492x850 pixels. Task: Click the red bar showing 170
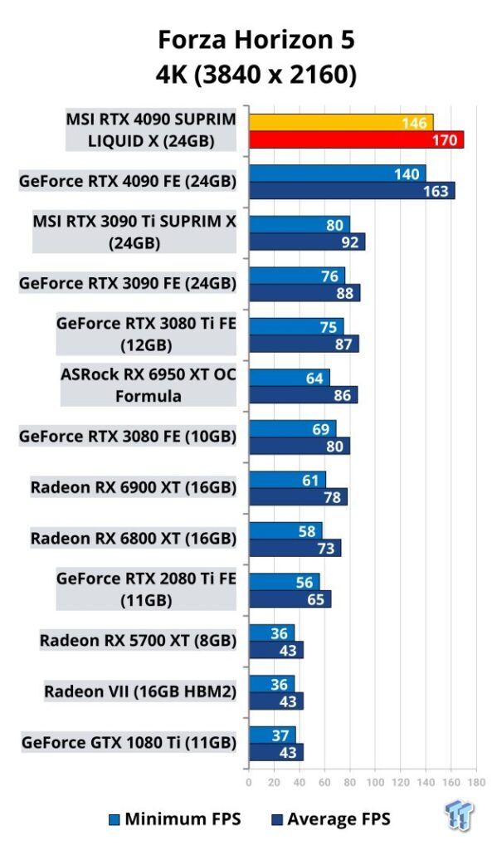[357, 139]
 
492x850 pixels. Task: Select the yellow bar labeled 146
[341, 123]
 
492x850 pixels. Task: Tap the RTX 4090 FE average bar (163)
[353, 191]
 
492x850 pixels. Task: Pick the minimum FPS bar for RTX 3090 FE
[297, 276]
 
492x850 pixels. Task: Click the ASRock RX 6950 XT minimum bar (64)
[290, 378]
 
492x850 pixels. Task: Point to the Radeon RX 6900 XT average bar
[299, 496]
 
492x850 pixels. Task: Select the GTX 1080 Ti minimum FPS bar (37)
[273, 735]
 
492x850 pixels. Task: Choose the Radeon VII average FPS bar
[276, 701]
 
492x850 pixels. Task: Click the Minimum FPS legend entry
[175, 818]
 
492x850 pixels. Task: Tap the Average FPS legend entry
[331, 818]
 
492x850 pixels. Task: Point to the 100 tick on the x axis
[376, 782]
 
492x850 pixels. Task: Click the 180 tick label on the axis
[476, 782]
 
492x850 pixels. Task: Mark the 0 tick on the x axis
[249, 782]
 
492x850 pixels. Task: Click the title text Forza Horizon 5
[256, 40]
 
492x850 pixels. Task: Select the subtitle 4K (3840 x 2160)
[256, 75]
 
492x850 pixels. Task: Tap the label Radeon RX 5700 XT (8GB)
[139, 640]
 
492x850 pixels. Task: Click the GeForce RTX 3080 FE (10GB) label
[128, 437]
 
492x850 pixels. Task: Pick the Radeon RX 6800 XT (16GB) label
[134, 538]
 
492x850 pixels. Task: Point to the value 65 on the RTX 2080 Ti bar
[315, 599]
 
